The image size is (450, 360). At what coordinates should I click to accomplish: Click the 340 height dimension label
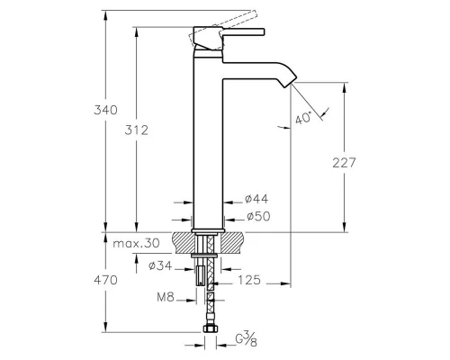pos(105,110)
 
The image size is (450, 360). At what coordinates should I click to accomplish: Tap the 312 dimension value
pos(137,130)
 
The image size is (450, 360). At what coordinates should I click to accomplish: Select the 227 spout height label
pos(344,163)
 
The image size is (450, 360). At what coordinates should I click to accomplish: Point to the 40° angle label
pos(303,117)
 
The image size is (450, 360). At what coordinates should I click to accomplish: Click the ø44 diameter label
pos(256,199)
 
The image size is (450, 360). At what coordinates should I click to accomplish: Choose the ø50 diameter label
pos(258,216)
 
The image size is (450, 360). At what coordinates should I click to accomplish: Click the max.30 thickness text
pos(136,243)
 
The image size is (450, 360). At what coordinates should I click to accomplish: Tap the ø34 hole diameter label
pos(160,265)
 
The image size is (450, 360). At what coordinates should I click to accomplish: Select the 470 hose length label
pos(105,280)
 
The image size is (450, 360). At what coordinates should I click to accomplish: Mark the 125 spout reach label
pos(249,280)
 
